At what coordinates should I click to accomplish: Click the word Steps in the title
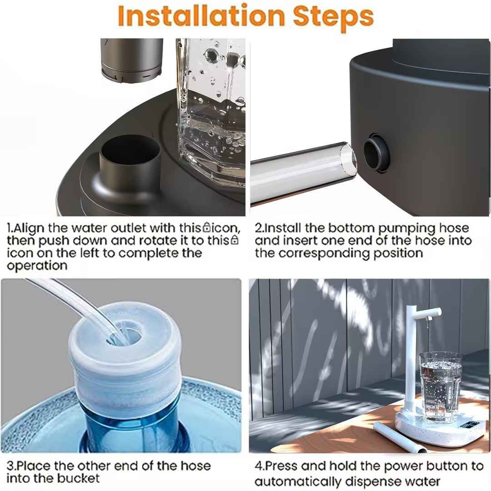[x=333, y=17]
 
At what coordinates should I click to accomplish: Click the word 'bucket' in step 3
[x=78, y=478]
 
